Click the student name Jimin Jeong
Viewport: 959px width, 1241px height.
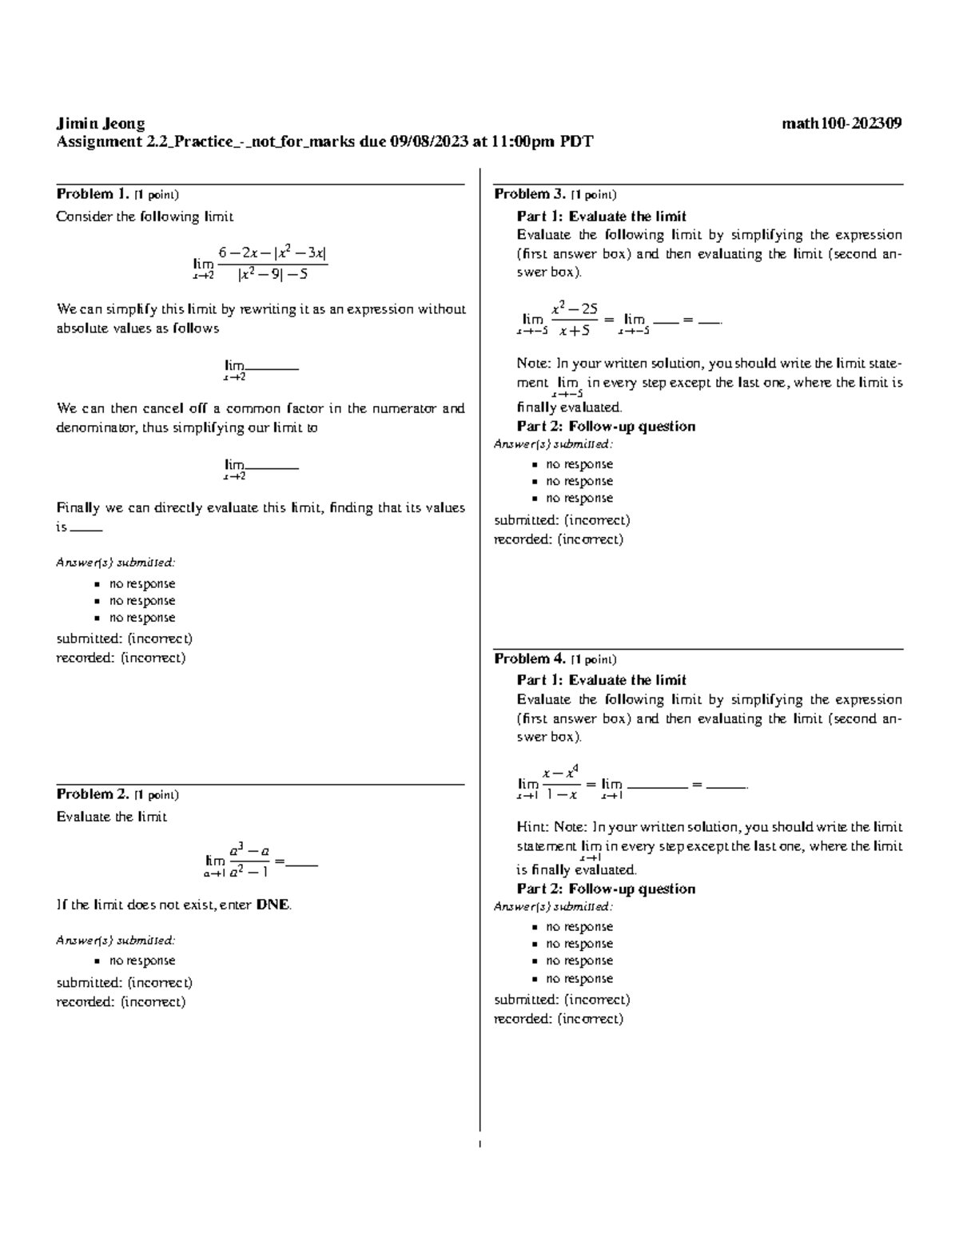[x=100, y=124]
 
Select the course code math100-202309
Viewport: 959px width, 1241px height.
[x=842, y=124]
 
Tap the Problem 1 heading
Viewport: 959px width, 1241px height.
[x=92, y=194]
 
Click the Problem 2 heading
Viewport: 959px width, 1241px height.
[x=92, y=794]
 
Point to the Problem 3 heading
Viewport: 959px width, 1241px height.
[x=530, y=194]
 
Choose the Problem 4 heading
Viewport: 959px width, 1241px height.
[x=530, y=659]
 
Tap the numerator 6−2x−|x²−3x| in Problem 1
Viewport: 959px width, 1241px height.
[x=273, y=253]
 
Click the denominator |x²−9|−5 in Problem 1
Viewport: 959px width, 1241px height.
[x=273, y=275]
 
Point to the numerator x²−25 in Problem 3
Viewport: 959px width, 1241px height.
[x=574, y=308]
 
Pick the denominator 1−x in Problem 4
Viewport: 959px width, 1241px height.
[x=562, y=795]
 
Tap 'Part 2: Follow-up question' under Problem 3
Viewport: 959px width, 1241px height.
[x=606, y=427]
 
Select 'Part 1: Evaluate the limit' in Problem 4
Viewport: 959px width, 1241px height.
[x=601, y=680]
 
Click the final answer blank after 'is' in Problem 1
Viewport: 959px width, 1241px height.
[x=86, y=529]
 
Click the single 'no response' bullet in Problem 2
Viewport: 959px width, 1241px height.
[x=141, y=961]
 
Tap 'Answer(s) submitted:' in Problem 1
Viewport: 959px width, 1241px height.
[x=115, y=563]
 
